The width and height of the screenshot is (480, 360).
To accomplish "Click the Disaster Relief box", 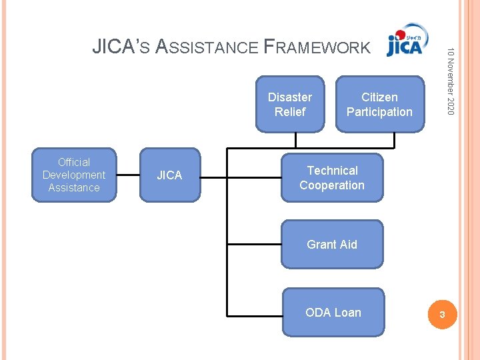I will [x=289, y=105].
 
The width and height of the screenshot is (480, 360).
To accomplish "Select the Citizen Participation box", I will [x=379, y=105].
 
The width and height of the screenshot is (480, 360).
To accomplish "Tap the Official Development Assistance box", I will [x=74, y=175].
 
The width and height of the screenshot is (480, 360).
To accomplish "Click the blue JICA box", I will [x=169, y=175].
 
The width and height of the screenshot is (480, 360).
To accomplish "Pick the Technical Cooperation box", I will [x=332, y=178].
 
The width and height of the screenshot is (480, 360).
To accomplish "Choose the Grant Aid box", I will [x=332, y=245].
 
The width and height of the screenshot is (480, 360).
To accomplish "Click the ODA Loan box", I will [x=333, y=312].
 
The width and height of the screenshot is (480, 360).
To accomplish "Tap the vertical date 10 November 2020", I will [x=451, y=80].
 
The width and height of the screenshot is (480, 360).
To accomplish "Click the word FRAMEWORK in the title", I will [x=317, y=47].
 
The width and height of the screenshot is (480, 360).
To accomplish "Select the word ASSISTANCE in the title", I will [x=207, y=47].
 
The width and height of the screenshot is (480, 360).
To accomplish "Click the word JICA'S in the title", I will [x=121, y=47].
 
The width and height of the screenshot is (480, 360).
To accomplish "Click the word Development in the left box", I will [x=74, y=175].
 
